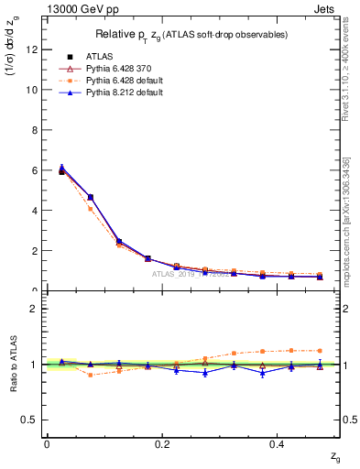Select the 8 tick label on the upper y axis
[32, 130]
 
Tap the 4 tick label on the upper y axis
[32, 211]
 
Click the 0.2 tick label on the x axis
[163, 443]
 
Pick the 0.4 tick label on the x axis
[280, 443]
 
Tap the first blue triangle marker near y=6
[61, 168]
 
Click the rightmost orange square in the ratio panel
[319, 350]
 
